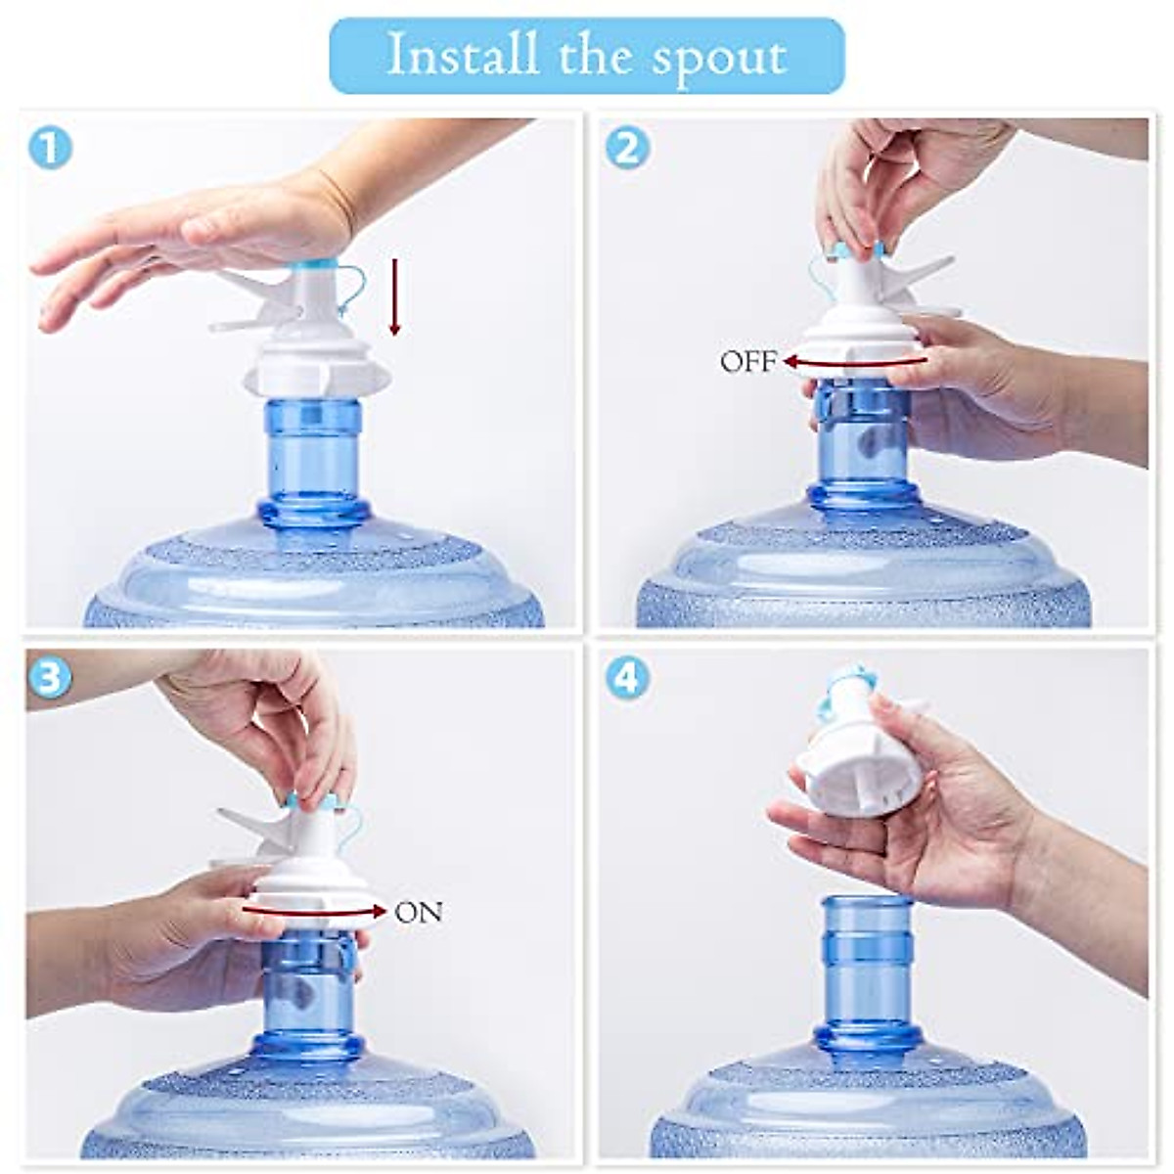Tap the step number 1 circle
(50, 149)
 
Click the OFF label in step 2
(748, 363)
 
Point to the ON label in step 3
(419, 913)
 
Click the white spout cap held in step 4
(841, 773)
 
